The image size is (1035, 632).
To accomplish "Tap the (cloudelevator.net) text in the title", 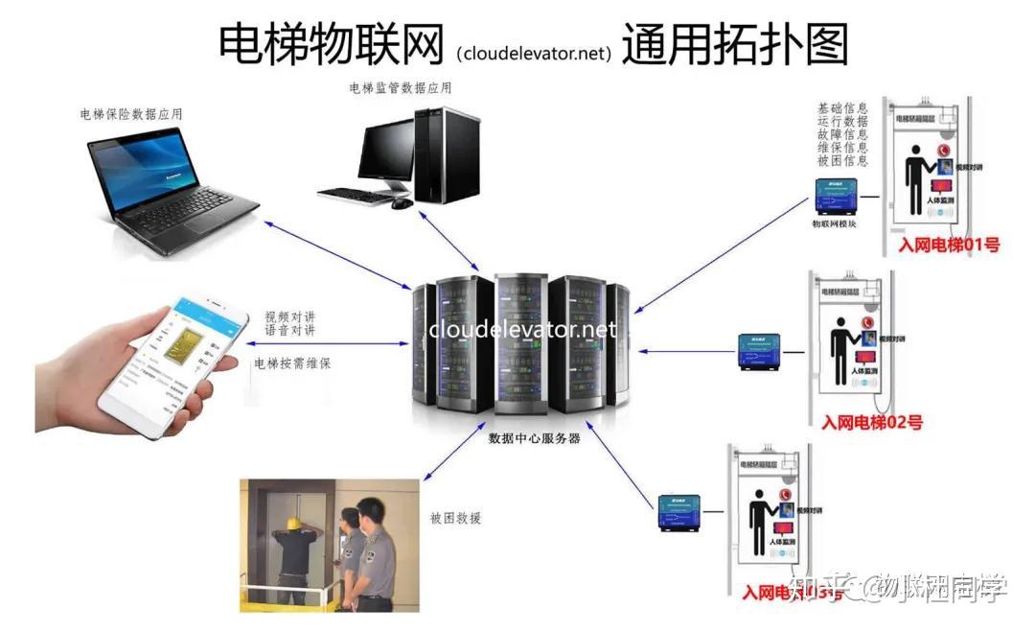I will (x=534, y=53).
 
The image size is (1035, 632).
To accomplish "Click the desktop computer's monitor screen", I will (x=386, y=153).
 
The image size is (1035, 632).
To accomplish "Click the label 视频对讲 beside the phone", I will (x=290, y=316).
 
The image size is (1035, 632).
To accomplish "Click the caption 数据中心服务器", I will (x=535, y=438).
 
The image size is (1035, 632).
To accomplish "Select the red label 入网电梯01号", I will (x=949, y=246).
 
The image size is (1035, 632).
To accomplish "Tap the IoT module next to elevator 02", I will (x=764, y=351).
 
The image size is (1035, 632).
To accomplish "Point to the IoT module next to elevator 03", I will (x=683, y=512).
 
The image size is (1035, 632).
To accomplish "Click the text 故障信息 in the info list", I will (x=842, y=134).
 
